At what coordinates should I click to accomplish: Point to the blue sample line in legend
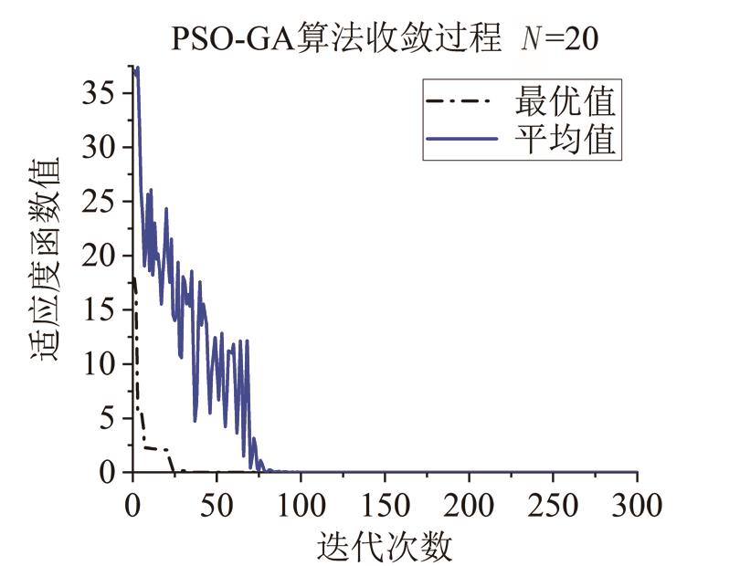click(460, 140)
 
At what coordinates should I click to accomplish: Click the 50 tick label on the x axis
click(217, 504)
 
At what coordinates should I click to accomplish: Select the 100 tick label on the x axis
click(301, 504)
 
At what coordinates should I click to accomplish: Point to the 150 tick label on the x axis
click(385, 504)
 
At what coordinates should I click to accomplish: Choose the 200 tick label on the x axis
click(469, 504)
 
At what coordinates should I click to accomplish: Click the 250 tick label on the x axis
click(553, 504)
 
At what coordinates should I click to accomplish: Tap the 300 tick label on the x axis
click(637, 504)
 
